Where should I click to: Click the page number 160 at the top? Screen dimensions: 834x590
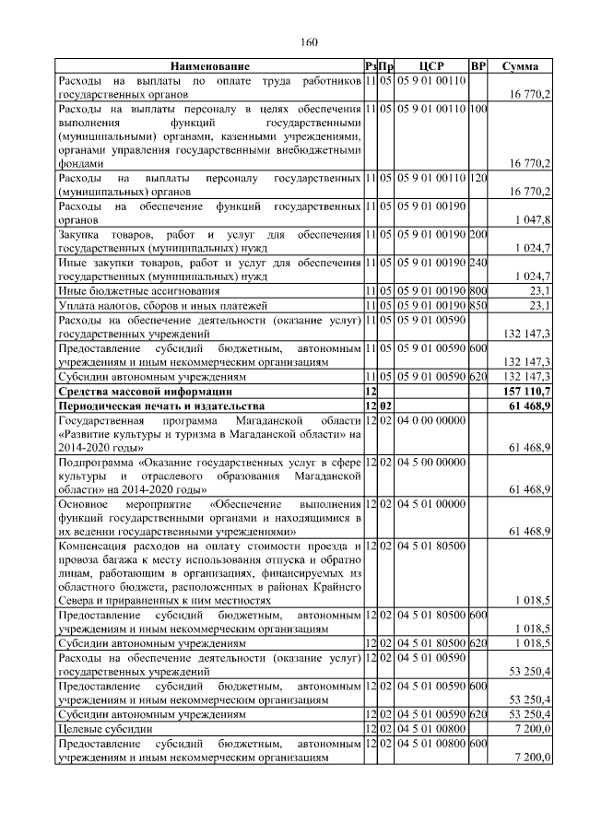(x=309, y=41)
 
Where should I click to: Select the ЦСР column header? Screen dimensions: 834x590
(x=432, y=66)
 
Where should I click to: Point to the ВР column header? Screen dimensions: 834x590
(x=478, y=66)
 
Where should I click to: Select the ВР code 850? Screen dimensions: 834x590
(x=478, y=305)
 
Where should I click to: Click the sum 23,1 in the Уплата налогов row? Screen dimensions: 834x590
(x=539, y=305)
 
